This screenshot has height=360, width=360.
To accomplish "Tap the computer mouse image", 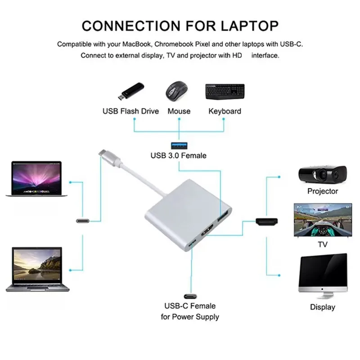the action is click(x=178, y=91).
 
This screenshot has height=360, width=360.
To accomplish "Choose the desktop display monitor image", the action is click(x=323, y=277).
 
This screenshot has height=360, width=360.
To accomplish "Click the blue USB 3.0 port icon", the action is click(x=179, y=145).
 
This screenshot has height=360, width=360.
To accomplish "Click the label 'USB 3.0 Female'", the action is click(x=179, y=156).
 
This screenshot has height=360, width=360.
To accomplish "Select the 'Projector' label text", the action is click(x=322, y=191).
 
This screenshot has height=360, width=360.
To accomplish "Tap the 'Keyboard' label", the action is click(x=225, y=111).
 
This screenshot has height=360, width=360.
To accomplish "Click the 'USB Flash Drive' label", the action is click(x=130, y=111).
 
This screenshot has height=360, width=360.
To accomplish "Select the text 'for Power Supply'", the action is click(x=190, y=317).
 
